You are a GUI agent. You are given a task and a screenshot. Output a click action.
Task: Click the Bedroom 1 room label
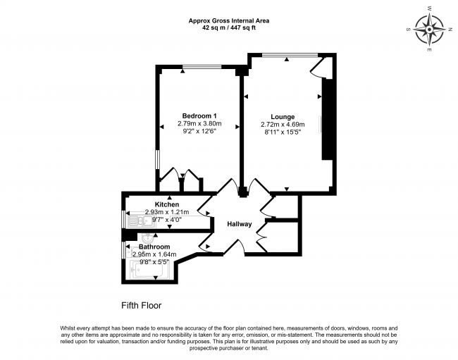[199, 116]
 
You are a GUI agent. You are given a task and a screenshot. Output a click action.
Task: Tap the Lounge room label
[283, 116]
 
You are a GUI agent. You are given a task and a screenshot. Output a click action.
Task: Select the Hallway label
[240, 224]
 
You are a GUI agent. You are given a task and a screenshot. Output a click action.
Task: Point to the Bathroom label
[154, 247]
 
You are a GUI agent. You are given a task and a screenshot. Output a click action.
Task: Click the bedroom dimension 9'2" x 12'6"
[199, 131]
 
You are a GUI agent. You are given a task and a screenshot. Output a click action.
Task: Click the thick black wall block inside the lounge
[326, 119]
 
